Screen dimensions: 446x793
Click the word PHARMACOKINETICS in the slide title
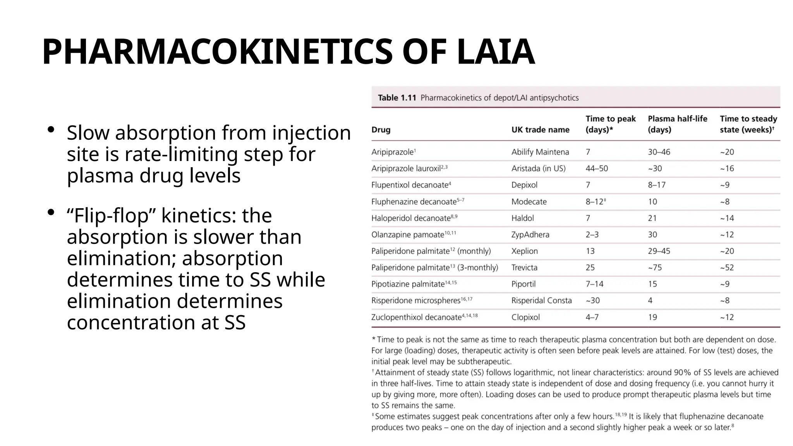pyautogui.click(x=217, y=52)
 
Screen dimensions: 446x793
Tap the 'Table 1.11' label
pyautogui.click(x=396, y=98)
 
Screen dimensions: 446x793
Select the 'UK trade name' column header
pyautogui.click(x=540, y=130)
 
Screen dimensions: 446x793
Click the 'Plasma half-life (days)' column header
pyautogui.click(x=677, y=124)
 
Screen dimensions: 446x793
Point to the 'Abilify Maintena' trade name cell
pyautogui.click(x=540, y=152)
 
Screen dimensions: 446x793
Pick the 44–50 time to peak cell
pyautogui.click(x=596, y=168)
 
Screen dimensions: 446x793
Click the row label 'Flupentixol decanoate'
pyautogui.click(x=409, y=185)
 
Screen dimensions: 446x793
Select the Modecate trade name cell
pyautogui.click(x=529, y=202)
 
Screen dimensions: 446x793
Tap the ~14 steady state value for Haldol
pyautogui.click(x=727, y=218)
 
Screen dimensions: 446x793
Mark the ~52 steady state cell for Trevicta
pyautogui.click(x=727, y=268)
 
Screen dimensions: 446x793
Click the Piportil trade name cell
pyautogui.click(x=523, y=284)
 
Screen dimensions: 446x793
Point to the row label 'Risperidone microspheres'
pyautogui.click(x=415, y=301)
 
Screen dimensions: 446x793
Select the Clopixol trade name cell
pyautogui.click(x=525, y=317)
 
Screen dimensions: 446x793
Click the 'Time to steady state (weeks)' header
pyautogui.click(x=748, y=124)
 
